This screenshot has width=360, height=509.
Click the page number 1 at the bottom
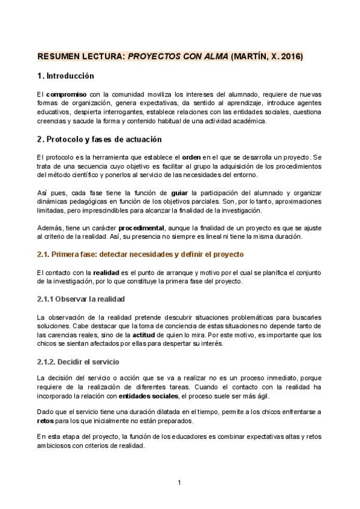[x=179, y=483]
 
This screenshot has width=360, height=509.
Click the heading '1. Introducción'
[x=66, y=76]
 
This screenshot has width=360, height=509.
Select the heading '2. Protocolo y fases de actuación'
[x=100, y=140]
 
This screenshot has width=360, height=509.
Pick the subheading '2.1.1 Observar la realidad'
[x=81, y=298]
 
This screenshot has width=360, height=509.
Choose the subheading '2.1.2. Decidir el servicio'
[x=78, y=362]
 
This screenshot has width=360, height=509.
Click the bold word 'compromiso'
[x=66, y=95]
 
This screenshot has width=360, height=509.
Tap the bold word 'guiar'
[x=179, y=194]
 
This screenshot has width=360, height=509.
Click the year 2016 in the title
[x=291, y=57]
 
